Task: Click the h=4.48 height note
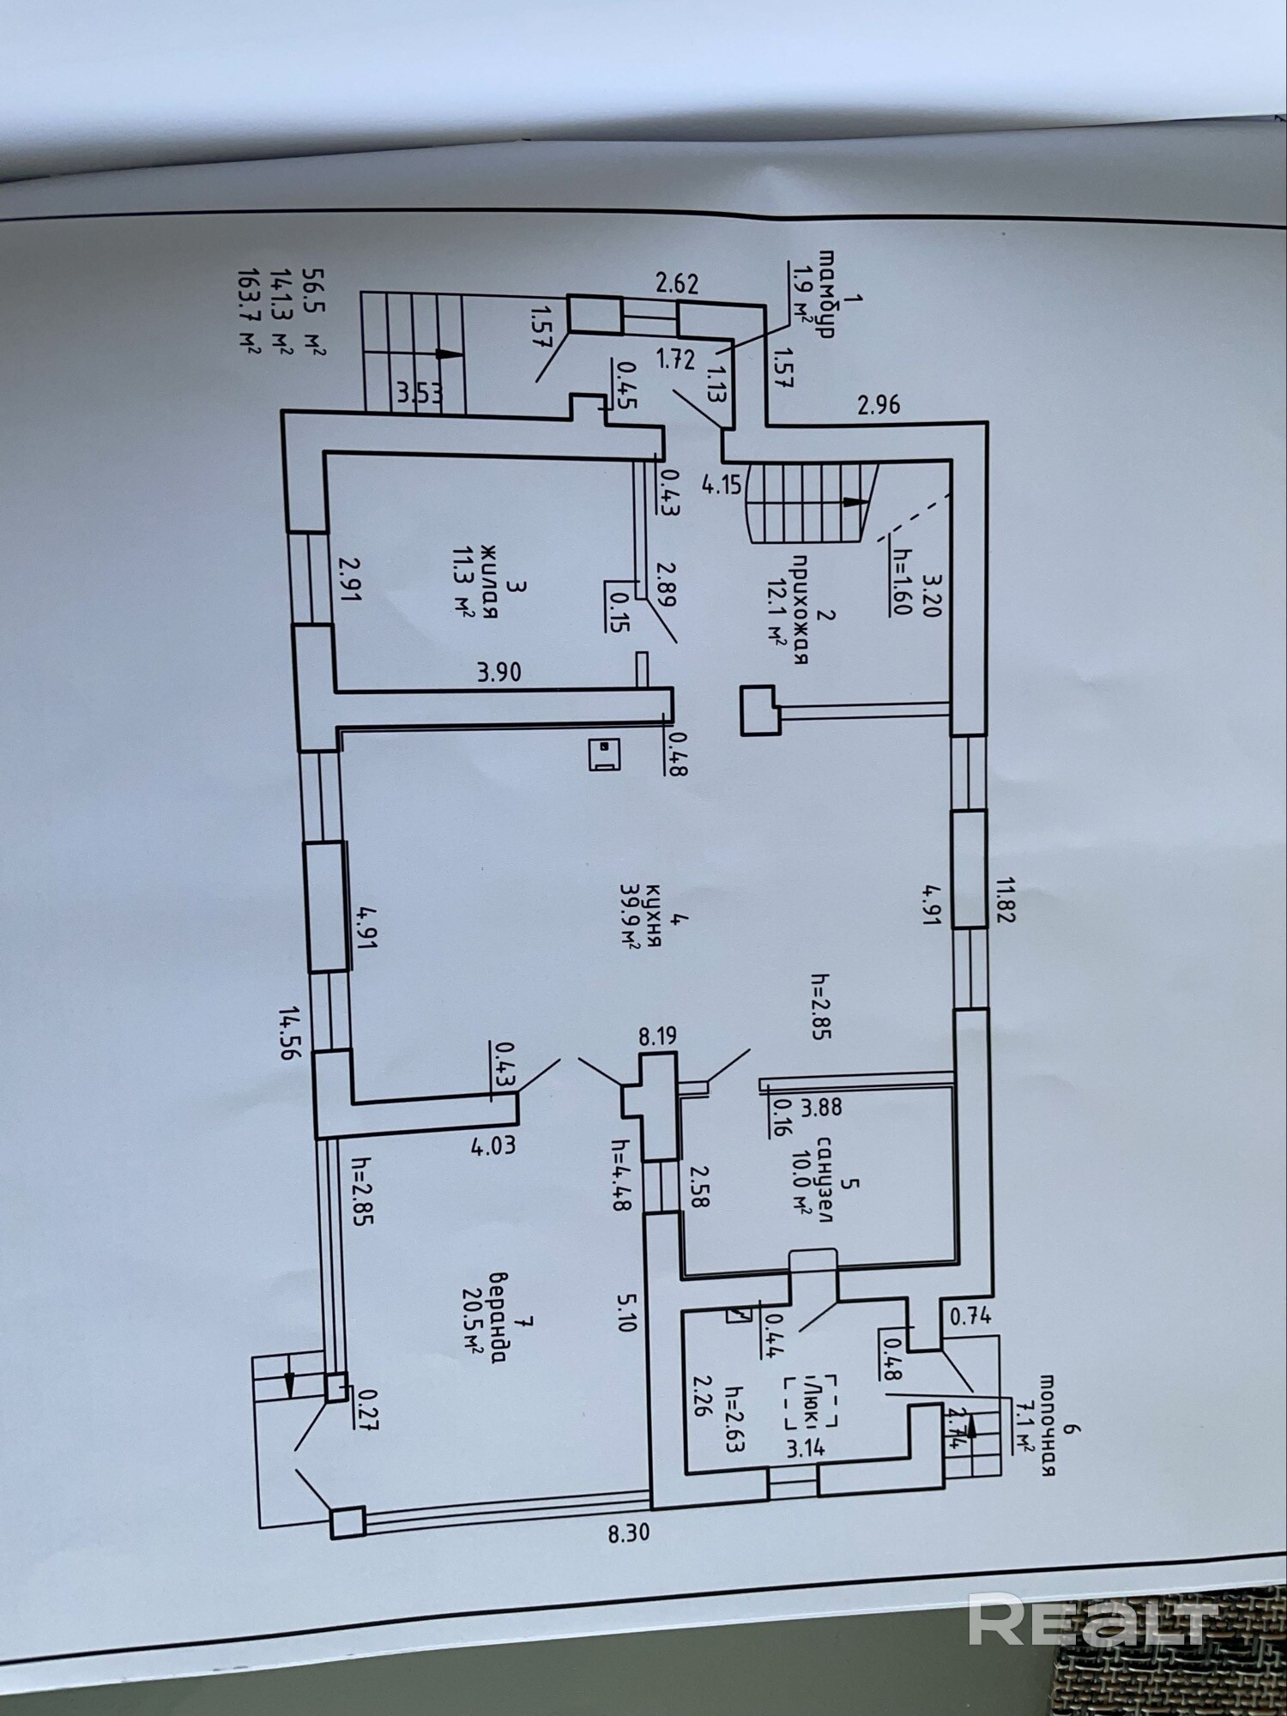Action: (x=619, y=1175)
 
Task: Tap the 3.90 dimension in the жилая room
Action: (x=499, y=671)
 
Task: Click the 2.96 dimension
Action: (x=879, y=403)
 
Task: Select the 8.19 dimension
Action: (x=656, y=1036)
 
